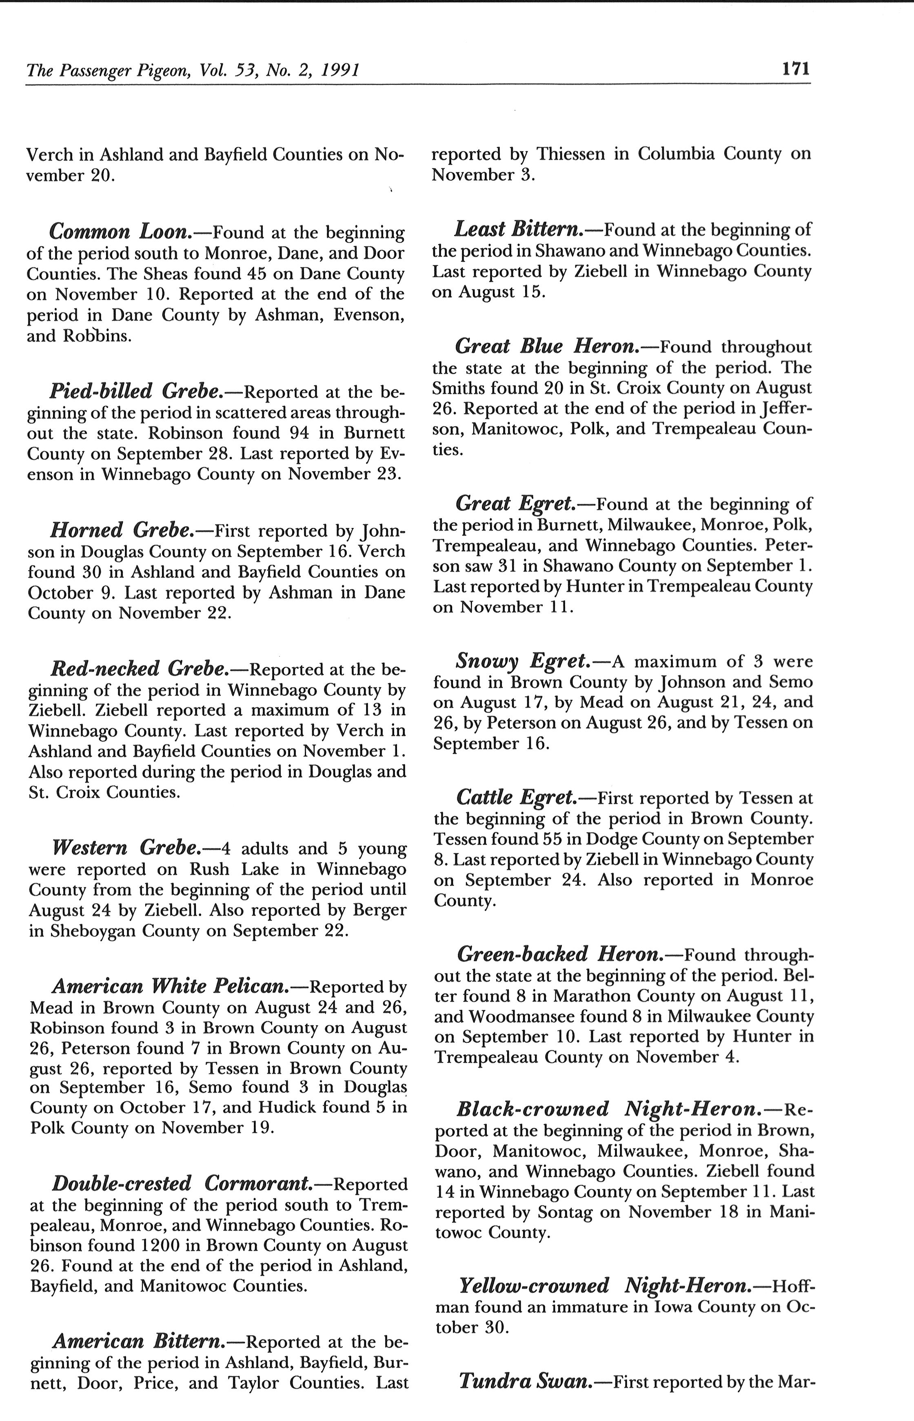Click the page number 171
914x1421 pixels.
(796, 69)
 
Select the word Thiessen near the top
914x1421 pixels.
(570, 154)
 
